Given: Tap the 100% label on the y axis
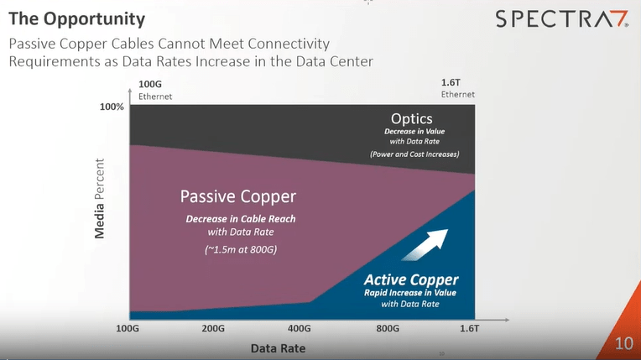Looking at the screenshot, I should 112,107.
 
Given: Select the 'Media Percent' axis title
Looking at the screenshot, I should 100,197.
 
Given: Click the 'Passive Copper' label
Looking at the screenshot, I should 238,197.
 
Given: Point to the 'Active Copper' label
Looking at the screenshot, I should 411,279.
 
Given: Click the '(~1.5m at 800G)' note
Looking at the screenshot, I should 240,250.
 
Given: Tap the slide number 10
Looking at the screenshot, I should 623,343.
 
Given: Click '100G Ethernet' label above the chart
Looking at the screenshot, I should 155,90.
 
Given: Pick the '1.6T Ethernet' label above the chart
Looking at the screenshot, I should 458,89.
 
